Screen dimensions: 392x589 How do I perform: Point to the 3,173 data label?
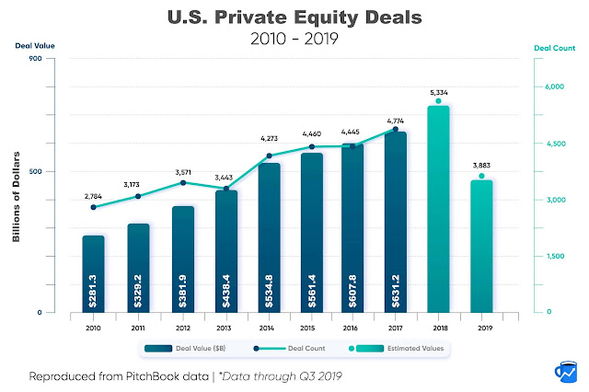[x=138, y=185]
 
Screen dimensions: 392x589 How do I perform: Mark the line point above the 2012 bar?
[x=182, y=183]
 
